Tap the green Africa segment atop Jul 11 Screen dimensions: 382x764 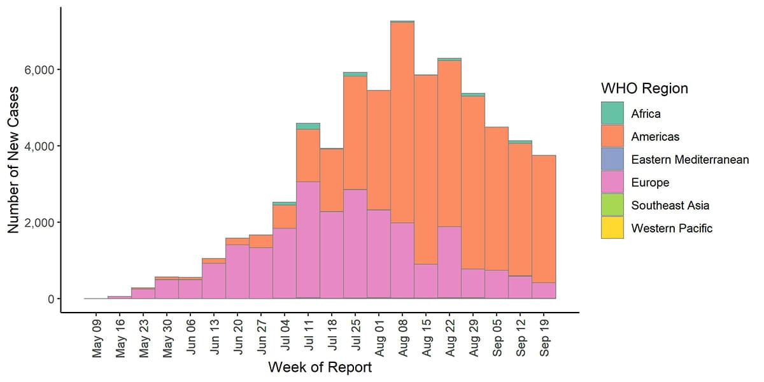point(308,126)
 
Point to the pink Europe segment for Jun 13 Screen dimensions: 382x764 point(214,281)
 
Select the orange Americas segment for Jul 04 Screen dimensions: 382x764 point(285,216)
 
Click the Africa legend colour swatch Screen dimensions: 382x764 point(612,114)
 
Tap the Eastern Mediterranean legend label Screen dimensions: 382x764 point(690,160)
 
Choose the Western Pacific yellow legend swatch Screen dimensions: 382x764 point(612,228)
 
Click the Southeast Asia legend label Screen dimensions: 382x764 point(670,206)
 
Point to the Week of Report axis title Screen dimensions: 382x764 point(320,368)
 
